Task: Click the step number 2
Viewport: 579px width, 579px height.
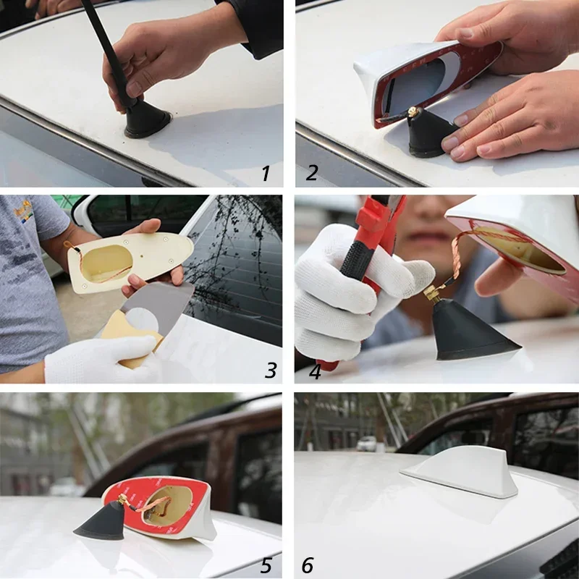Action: pyautogui.click(x=312, y=173)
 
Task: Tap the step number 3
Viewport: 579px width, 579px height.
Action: pyautogui.click(x=271, y=371)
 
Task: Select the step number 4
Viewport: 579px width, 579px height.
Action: pyautogui.click(x=315, y=371)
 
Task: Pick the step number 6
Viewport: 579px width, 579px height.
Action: pyautogui.click(x=308, y=565)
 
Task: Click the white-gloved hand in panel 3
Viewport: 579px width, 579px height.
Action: pyautogui.click(x=101, y=358)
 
